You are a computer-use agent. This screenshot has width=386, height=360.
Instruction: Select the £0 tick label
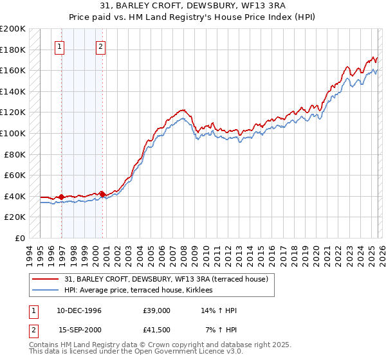[x=21, y=238]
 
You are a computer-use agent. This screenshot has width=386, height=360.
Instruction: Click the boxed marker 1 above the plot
[x=59, y=46]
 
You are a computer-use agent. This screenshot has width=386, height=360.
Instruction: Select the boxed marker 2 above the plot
[x=101, y=46]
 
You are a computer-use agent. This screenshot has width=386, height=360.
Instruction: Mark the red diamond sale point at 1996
[x=61, y=197]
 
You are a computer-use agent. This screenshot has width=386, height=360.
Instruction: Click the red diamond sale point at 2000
[x=102, y=194]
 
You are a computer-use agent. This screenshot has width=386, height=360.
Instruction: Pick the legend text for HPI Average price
[x=143, y=291]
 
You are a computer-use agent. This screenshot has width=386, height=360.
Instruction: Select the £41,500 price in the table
[x=158, y=330]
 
